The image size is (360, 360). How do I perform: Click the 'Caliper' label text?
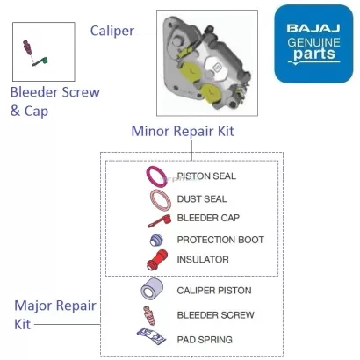(112, 31)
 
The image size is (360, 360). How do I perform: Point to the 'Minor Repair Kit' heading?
(183, 132)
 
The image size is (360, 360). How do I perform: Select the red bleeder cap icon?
(158, 219)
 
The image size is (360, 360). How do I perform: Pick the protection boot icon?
(157, 240)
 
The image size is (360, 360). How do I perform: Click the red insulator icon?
(157, 261)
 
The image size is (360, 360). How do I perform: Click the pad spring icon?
(151, 335)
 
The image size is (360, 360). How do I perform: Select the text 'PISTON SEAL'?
(206, 176)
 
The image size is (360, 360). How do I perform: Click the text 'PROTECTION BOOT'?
(220, 240)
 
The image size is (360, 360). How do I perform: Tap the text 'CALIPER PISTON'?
(214, 291)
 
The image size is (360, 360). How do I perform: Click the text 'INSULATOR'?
(203, 260)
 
